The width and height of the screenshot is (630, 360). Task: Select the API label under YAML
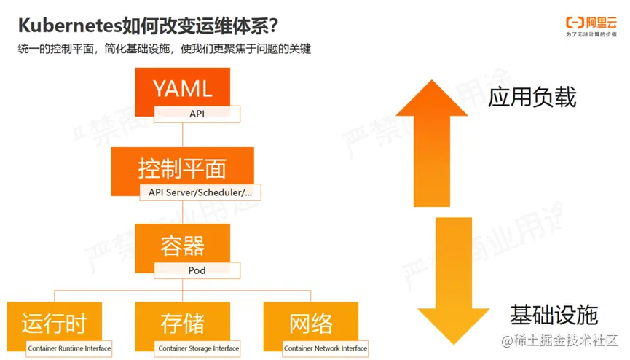pyautogui.click(x=197, y=114)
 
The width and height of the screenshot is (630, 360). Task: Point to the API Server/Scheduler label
pyautogui.click(x=200, y=192)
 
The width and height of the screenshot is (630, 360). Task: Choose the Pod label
pyautogui.click(x=197, y=270)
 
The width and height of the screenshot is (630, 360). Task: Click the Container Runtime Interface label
pyautogui.click(x=69, y=348)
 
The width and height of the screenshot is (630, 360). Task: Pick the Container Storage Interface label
pyautogui.click(x=198, y=348)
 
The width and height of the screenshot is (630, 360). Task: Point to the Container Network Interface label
pyautogui.click(x=326, y=348)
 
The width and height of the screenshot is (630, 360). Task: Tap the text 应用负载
pyautogui.click(x=532, y=98)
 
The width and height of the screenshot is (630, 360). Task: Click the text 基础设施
pyautogui.click(x=554, y=315)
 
